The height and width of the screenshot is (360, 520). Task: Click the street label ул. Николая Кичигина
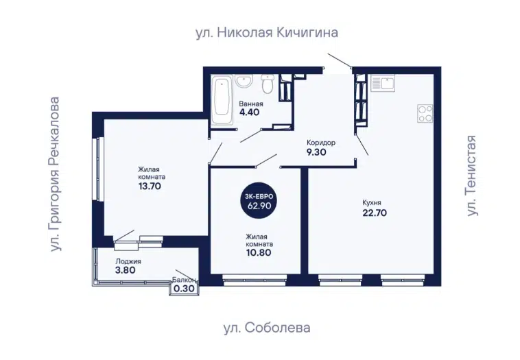tap(267, 33)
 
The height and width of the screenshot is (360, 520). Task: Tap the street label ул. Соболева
tap(267, 328)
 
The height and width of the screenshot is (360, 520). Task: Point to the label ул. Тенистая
tap(471, 176)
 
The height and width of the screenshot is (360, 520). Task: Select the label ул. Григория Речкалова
tap(55, 174)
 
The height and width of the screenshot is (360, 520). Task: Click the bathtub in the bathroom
tap(222, 100)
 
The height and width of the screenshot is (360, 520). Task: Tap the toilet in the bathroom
tap(268, 84)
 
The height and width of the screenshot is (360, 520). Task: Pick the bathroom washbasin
tap(244, 81)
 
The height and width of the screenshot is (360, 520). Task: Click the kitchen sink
tap(383, 83)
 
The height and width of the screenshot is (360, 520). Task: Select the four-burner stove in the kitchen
tap(425, 114)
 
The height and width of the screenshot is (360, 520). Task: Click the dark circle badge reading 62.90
tap(259, 202)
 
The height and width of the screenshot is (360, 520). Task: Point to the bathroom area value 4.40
tap(250, 112)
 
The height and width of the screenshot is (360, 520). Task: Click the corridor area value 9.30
tap(316, 152)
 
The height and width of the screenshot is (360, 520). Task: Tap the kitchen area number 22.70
tap(375, 213)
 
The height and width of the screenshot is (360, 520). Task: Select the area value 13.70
tap(150, 186)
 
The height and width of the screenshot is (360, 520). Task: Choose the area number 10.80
tap(259, 252)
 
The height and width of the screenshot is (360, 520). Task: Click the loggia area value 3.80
tap(126, 270)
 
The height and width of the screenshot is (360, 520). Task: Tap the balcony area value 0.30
tap(184, 289)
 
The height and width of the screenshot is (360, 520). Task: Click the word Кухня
tap(372, 202)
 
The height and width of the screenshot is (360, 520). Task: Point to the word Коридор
tap(321, 143)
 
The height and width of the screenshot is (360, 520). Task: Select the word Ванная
tap(251, 104)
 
